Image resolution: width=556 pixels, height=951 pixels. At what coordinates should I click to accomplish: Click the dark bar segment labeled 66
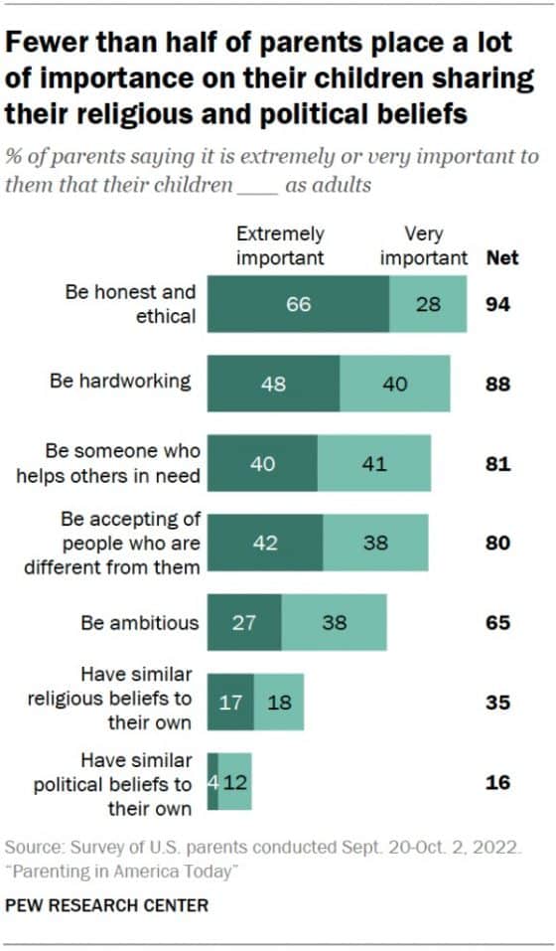click(298, 304)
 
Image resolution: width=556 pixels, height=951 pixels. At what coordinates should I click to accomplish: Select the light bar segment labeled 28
click(428, 304)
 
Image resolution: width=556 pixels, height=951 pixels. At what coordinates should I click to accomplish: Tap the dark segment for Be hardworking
click(273, 384)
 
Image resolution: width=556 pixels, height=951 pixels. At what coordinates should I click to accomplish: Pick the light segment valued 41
click(374, 463)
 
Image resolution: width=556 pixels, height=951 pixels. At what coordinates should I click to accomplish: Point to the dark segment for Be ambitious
click(243, 623)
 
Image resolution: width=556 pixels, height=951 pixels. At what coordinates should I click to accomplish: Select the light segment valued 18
click(279, 703)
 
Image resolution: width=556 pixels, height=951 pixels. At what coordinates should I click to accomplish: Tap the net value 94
click(497, 304)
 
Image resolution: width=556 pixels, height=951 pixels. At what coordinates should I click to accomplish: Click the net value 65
click(497, 623)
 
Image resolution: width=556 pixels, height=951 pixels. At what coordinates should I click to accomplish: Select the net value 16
click(497, 782)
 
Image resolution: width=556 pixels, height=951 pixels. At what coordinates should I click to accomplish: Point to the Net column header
click(501, 257)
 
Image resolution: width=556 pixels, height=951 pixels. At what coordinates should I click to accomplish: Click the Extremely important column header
click(280, 245)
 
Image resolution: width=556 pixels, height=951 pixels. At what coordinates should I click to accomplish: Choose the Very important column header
click(424, 245)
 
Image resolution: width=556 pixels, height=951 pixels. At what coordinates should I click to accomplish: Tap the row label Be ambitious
click(140, 623)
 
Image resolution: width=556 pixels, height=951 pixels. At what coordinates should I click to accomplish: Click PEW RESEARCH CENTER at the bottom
click(107, 905)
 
